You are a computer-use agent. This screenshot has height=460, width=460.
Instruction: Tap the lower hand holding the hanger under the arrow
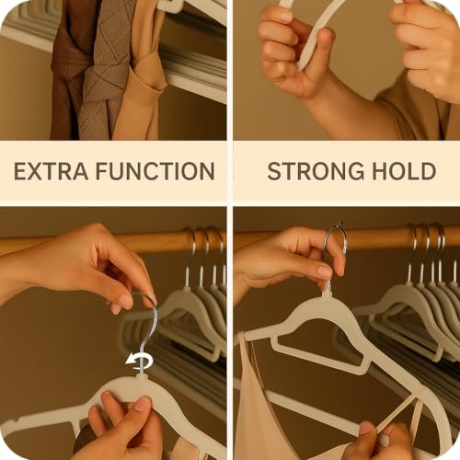coord(124,423)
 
